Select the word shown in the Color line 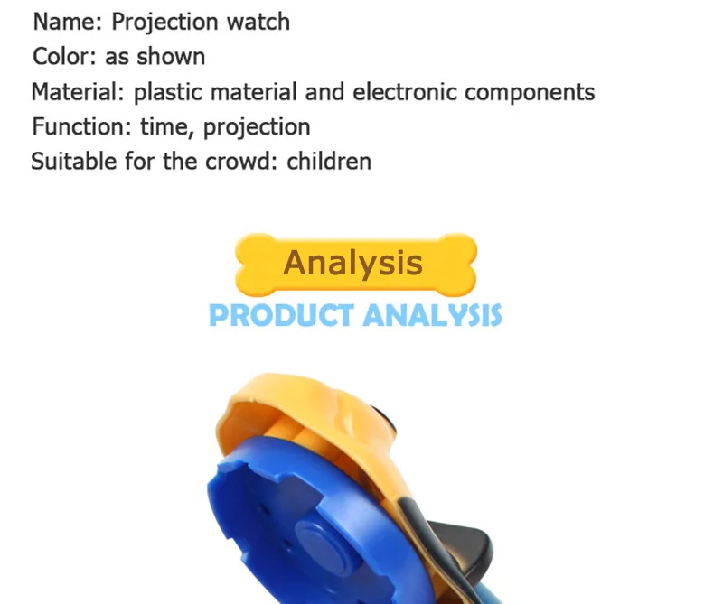coord(171,57)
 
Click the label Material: coord(78,91)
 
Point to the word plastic coord(168,92)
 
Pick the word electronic coord(404,92)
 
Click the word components coord(530,93)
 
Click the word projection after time coord(257,127)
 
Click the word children coord(329,162)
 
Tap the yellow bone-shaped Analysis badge coord(355,265)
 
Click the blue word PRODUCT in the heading coord(281,315)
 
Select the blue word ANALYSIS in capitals coord(432,315)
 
